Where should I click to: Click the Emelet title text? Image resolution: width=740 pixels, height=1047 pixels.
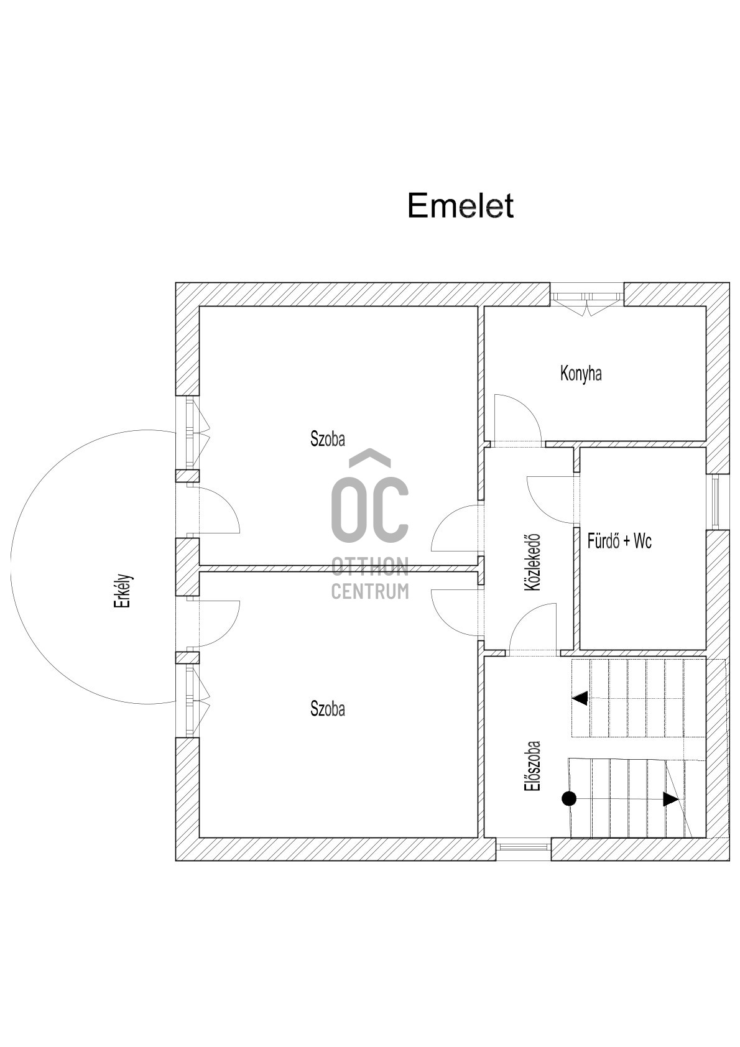[x=460, y=206]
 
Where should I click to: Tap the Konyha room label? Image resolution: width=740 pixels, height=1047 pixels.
[x=581, y=374]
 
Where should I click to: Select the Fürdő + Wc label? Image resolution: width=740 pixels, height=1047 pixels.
[x=619, y=541]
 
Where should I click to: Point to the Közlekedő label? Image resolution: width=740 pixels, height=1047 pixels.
[x=532, y=562]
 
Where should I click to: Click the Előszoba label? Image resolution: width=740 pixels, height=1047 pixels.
[x=532, y=765]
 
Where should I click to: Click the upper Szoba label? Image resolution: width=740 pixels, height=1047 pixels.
[x=328, y=439]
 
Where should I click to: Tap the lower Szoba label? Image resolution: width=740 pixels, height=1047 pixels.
[x=328, y=709]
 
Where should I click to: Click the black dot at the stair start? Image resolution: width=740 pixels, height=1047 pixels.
[x=569, y=799]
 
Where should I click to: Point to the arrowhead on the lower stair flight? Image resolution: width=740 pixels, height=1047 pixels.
[x=670, y=799]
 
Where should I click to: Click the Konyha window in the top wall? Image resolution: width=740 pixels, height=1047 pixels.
[x=587, y=297]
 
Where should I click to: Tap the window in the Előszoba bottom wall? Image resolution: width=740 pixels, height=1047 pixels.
[x=524, y=846]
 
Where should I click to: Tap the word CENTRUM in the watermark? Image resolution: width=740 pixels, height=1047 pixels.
[x=370, y=591]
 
